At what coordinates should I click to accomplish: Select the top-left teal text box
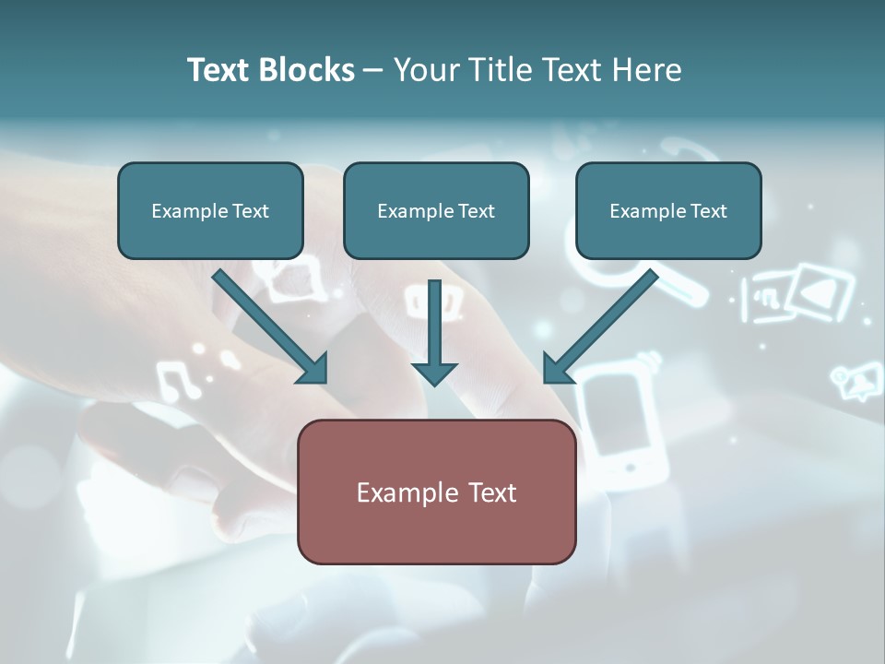click(x=210, y=210)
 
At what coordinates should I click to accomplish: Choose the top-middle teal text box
click(x=436, y=210)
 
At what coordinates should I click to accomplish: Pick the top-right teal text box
click(x=668, y=210)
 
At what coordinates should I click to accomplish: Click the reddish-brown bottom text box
click(x=436, y=492)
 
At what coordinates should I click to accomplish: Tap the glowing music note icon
click(x=179, y=378)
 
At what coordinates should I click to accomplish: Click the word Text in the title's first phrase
click(x=218, y=70)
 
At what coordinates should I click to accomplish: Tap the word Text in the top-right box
click(x=709, y=211)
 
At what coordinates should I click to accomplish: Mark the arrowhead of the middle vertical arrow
click(x=434, y=373)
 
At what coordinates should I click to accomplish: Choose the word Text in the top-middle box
click(x=477, y=211)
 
